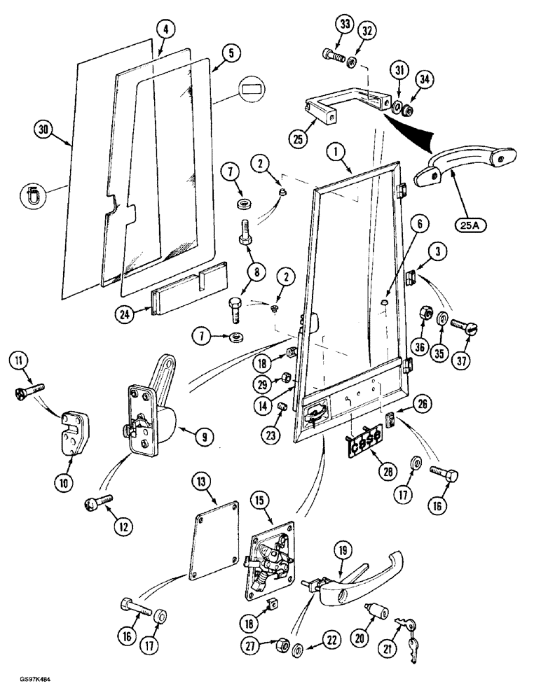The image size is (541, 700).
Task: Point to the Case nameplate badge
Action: click(x=364, y=440)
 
